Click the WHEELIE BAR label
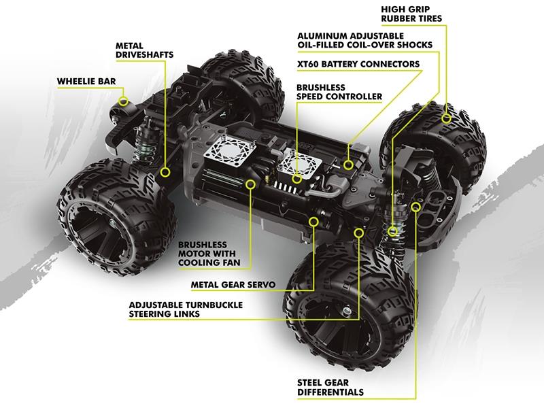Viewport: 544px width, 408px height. point(86,82)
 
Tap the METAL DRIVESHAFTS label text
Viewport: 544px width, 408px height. point(144,50)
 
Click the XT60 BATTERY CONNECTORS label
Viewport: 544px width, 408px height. point(358,65)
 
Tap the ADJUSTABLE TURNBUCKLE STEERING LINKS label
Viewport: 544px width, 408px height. point(186,309)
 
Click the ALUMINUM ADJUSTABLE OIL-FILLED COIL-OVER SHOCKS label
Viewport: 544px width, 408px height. point(364,40)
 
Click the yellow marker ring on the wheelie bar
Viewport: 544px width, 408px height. point(123,101)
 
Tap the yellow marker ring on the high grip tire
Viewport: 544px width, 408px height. point(447,118)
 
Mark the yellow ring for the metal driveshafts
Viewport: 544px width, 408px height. point(165,174)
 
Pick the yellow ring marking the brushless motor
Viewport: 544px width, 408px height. point(251,183)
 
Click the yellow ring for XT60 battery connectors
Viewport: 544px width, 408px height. point(348,164)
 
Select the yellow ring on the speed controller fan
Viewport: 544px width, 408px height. point(296,179)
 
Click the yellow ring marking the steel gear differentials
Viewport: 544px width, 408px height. point(416,206)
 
